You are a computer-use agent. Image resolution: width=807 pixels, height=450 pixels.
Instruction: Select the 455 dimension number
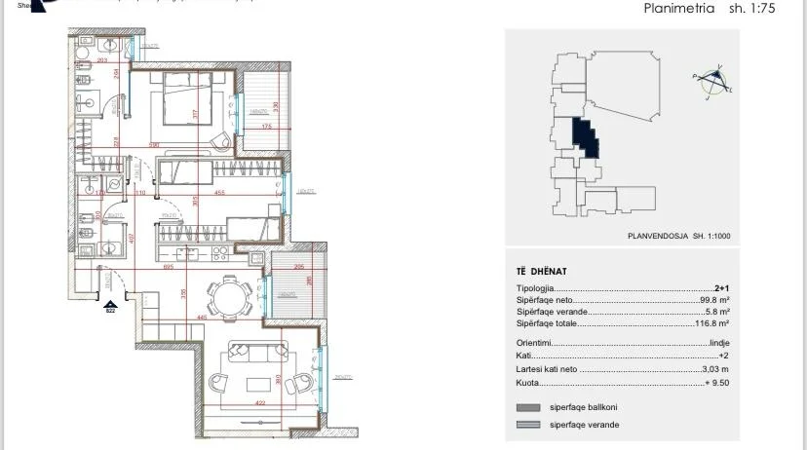219,193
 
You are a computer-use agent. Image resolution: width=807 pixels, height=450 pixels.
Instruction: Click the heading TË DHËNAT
541,271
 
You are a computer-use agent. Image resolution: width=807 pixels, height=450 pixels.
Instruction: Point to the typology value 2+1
721,288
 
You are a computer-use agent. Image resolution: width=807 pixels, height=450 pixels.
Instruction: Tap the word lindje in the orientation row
719,343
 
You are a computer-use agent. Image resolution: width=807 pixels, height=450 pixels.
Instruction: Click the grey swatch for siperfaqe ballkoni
527,407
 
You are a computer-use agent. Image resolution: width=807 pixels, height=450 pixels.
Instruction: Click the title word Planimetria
679,8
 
